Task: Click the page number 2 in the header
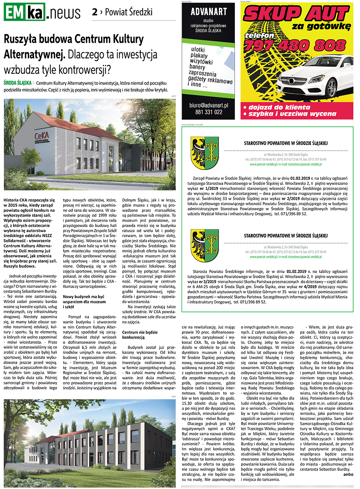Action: tap(94, 12)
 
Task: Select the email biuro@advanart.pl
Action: tap(208, 105)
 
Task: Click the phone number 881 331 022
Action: tap(208, 112)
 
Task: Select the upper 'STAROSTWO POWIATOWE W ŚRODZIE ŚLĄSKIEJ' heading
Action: tap(286, 143)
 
